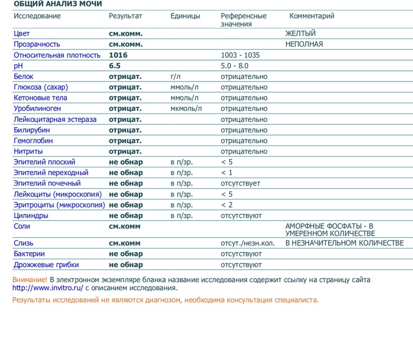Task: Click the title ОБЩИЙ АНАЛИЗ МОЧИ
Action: (x=58, y=4)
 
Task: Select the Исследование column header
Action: (x=37, y=16)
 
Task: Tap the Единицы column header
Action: (x=185, y=16)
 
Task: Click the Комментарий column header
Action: (x=312, y=16)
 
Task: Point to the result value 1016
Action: (x=119, y=55)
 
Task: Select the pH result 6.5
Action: (x=115, y=66)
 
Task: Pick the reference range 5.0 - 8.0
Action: (x=234, y=66)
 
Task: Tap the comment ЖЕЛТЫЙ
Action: (x=300, y=34)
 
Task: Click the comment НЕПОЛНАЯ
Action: (x=304, y=45)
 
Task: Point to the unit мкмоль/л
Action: (x=186, y=109)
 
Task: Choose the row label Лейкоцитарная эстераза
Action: (x=55, y=120)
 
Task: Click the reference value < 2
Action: (x=226, y=205)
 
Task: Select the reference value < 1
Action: (x=226, y=173)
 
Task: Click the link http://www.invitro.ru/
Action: (x=48, y=288)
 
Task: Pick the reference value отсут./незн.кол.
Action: (x=247, y=244)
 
